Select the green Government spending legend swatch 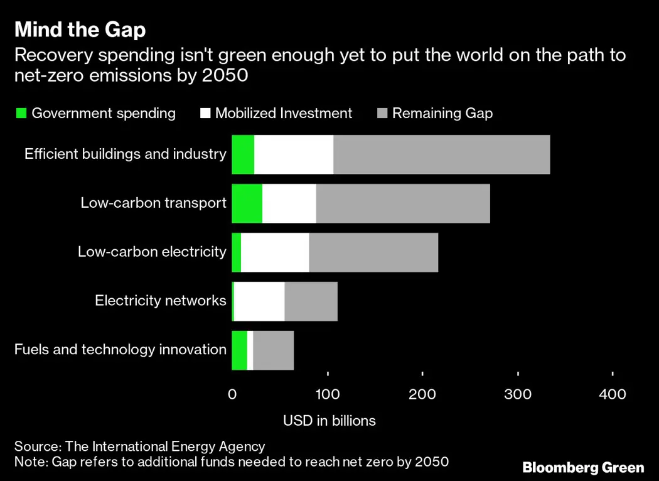pos(21,114)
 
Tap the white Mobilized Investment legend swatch pos(205,114)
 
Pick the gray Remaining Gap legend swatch pos(382,114)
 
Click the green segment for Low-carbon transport pos(247,203)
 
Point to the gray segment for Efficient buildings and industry pos(441,154)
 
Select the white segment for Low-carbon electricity pos(275,252)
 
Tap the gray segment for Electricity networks pos(311,301)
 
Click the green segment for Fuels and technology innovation pos(239,350)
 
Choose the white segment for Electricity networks pos(259,301)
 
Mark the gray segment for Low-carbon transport pos(402,203)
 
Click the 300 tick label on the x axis pos(518,394)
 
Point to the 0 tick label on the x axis pos(232,394)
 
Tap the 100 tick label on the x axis pos(327,394)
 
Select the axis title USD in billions pos(329,421)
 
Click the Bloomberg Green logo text pos(583,467)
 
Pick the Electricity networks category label pos(160,301)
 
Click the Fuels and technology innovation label pos(120,350)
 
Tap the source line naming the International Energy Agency pos(139,446)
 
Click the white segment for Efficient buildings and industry pos(294,154)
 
